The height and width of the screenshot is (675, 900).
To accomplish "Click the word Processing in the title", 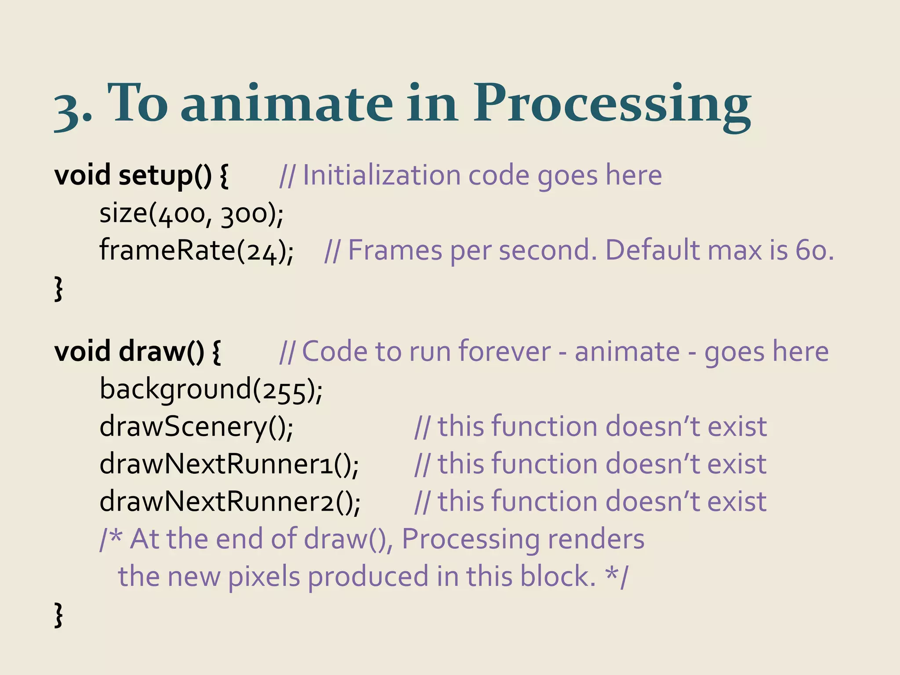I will pyautogui.click(x=612, y=105).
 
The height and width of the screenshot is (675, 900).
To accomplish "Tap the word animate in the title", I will pyautogui.click(x=287, y=105).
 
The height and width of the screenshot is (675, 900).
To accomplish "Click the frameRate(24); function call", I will pyautogui.click(x=196, y=250).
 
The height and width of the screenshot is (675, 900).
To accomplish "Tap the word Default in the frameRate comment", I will pyautogui.click(x=652, y=250).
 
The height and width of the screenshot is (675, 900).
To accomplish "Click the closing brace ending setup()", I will pyautogui.click(x=58, y=289).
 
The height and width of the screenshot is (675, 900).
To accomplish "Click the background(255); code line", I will pyautogui.click(x=211, y=390).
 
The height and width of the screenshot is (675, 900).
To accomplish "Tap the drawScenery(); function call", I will pyautogui.click(x=196, y=427).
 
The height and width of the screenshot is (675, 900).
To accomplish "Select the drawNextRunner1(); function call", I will pyautogui.click(x=229, y=465).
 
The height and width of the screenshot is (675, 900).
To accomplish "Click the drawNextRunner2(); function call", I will pyautogui.click(x=230, y=502).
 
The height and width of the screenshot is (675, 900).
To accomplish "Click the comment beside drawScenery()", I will pyautogui.click(x=591, y=427).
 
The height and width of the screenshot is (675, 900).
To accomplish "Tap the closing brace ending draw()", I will pyautogui.click(x=58, y=615).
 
